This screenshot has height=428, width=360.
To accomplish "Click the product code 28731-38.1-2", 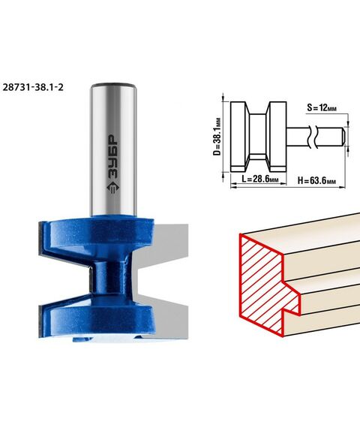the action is [33, 87].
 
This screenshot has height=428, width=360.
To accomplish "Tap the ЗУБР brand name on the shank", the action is [113, 157].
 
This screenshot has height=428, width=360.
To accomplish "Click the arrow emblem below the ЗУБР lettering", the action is [112, 188].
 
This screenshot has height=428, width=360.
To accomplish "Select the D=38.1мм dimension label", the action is [217, 137].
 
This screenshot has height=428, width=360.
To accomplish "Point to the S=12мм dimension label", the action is [322, 107].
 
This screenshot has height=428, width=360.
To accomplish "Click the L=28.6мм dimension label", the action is [260, 179].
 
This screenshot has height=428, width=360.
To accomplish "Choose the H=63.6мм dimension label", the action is [316, 180].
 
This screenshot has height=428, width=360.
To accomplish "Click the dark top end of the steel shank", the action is [113, 85].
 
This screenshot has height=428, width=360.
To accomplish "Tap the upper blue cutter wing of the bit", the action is [97, 233].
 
